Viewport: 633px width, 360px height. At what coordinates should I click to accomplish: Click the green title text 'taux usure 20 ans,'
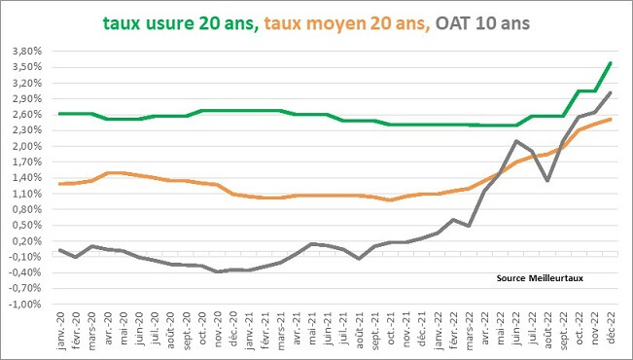[179, 22]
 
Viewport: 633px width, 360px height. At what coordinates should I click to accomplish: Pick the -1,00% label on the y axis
[26, 304]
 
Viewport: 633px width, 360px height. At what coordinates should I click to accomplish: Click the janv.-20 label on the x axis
[60, 333]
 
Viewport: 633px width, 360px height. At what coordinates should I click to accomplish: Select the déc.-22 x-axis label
[610, 333]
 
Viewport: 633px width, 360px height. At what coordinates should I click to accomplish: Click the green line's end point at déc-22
[610, 63]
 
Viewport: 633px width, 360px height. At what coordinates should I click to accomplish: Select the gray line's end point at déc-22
[610, 93]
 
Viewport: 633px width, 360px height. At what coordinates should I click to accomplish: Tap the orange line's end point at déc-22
[610, 120]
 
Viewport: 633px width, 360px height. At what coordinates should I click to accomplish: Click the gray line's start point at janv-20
[60, 250]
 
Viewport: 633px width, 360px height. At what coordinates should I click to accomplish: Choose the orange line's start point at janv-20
[60, 184]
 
